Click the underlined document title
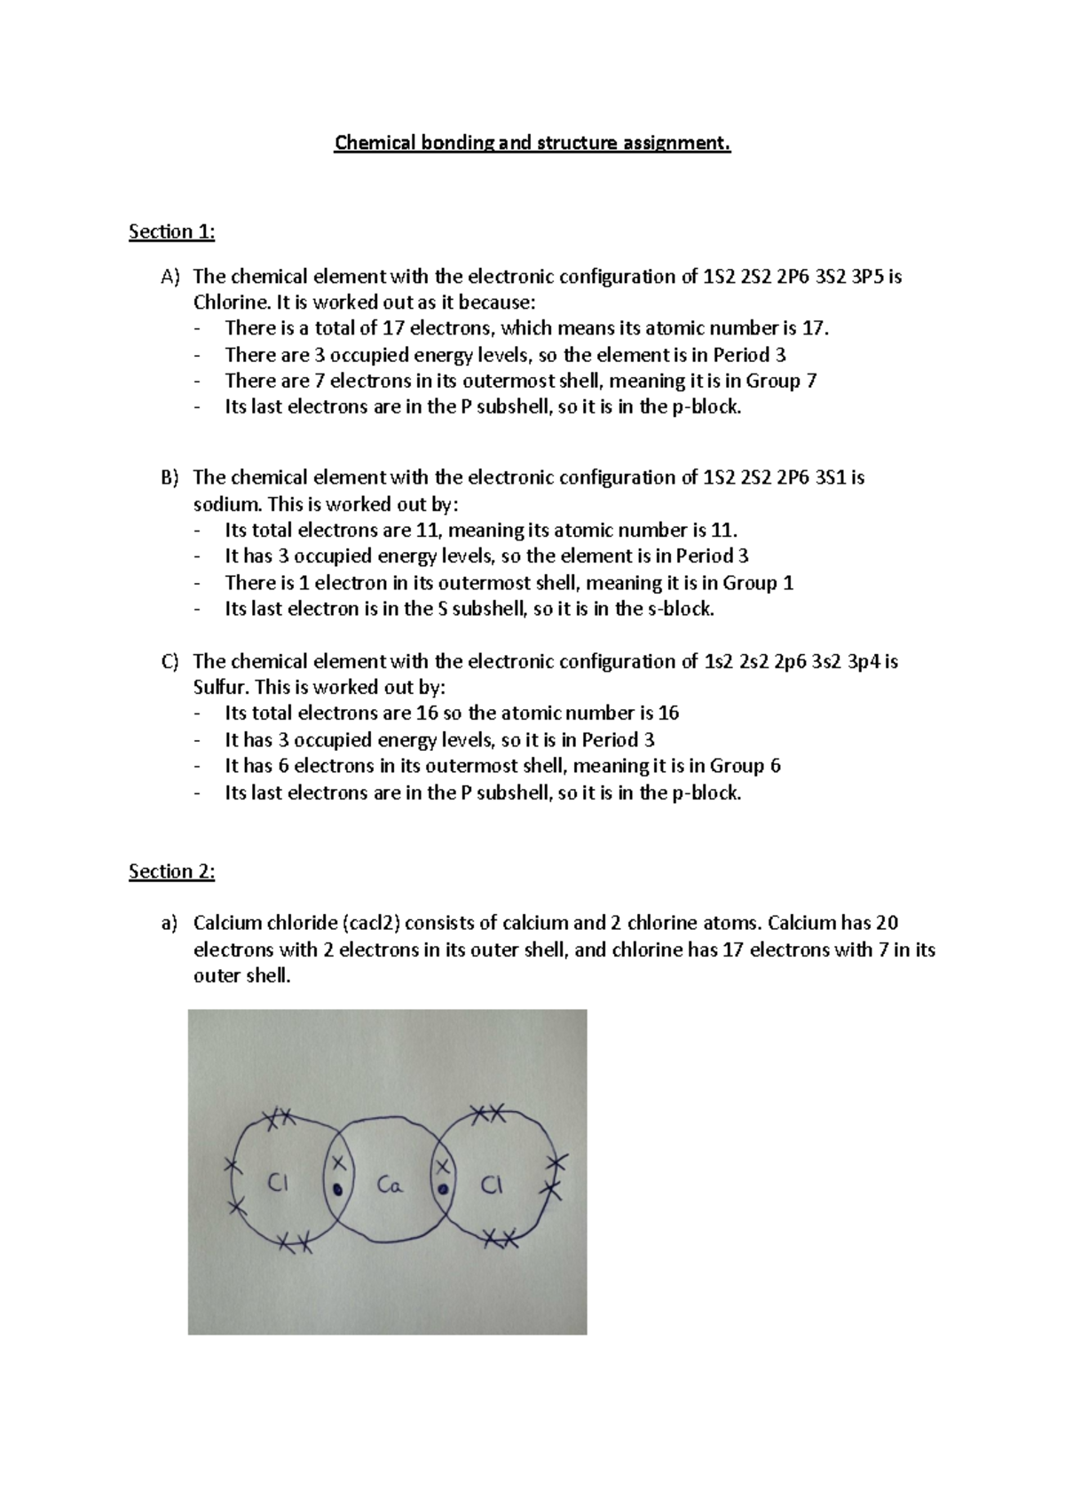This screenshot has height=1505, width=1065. pyautogui.click(x=532, y=144)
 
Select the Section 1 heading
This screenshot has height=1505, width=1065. pyautogui.click(x=172, y=232)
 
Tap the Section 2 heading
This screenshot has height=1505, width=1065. pyautogui.click(x=172, y=871)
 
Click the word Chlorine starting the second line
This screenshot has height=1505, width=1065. pyautogui.click(x=227, y=302)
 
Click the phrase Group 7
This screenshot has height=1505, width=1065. pyautogui.click(x=780, y=381)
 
